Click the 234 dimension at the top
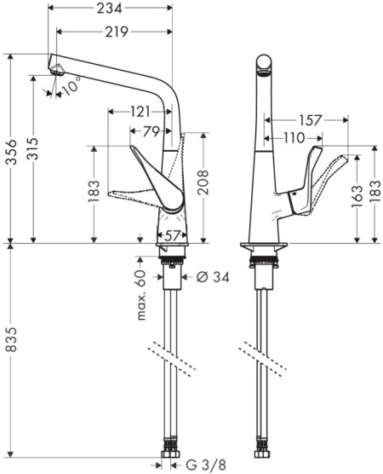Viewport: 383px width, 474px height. point(109,9)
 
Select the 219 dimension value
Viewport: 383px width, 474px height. point(117,32)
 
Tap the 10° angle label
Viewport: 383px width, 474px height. point(72,85)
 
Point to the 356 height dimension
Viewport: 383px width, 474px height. point(11,152)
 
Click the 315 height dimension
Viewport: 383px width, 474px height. point(32,148)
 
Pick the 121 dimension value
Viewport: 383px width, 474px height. point(140,113)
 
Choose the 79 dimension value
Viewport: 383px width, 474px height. point(151,131)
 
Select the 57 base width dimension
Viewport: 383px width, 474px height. point(172,235)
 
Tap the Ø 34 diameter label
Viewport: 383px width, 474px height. point(213,276)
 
